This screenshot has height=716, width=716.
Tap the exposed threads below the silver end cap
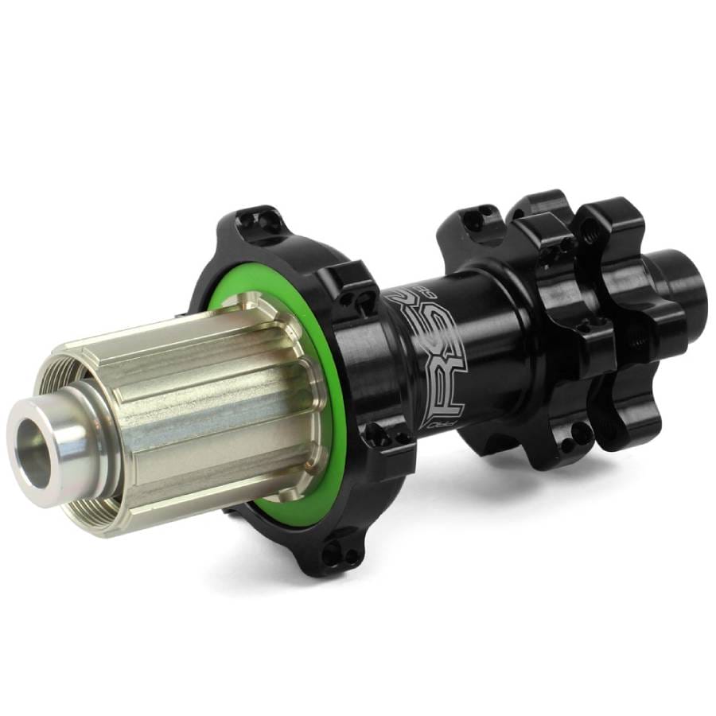click(x=111, y=509)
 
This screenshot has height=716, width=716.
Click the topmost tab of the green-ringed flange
click(x=259, y=220)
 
